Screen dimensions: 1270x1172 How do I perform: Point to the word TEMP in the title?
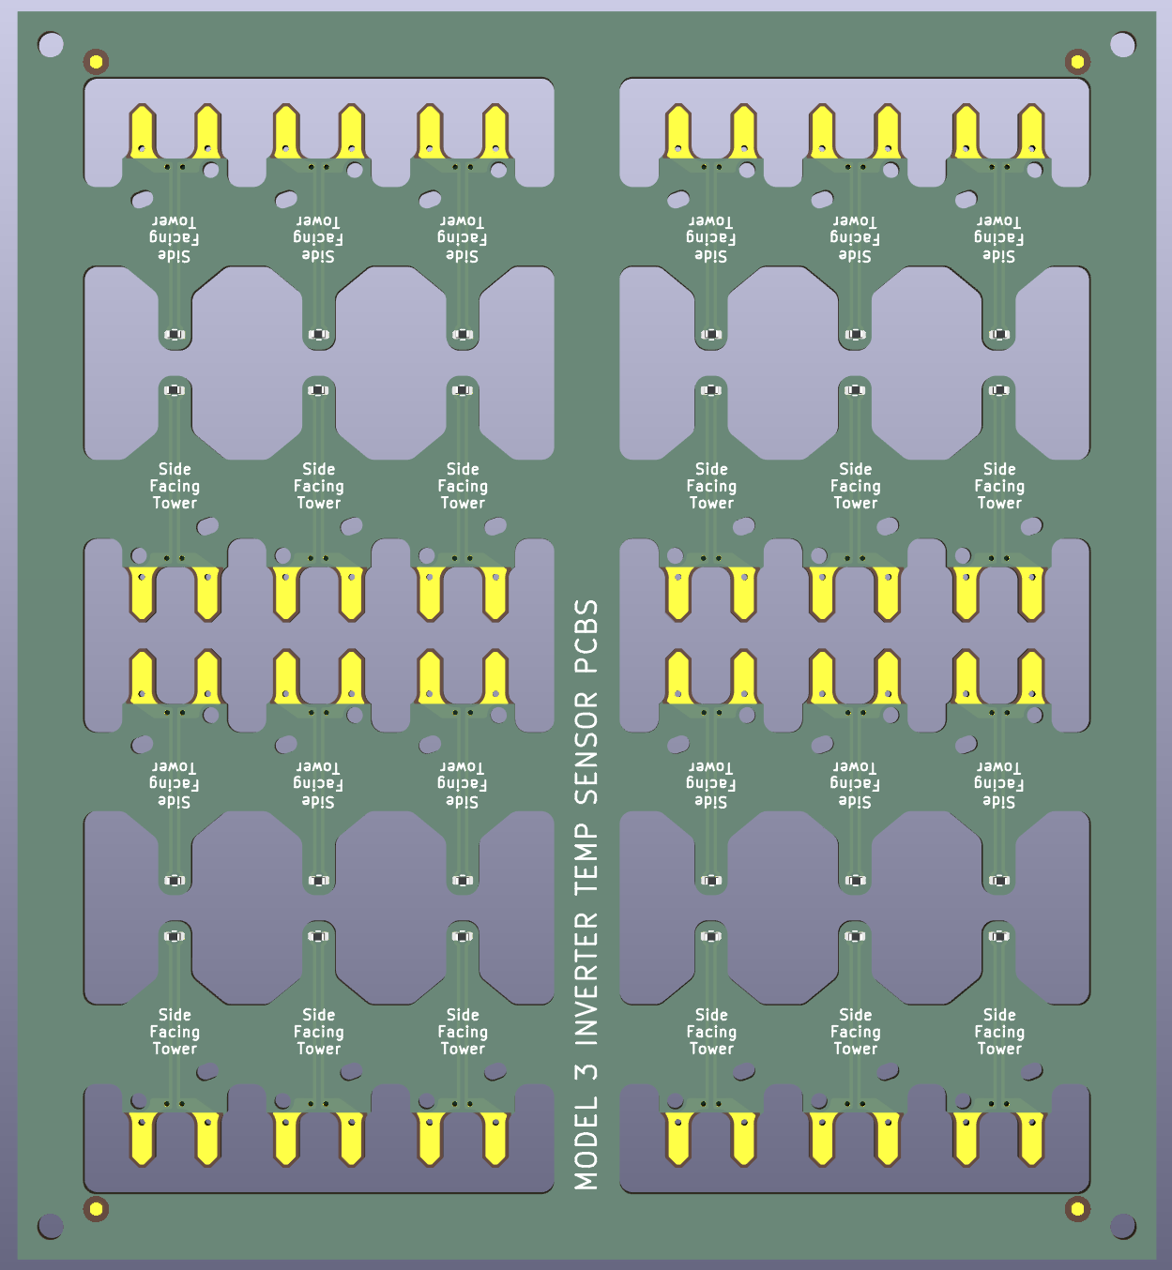tap(586, 858)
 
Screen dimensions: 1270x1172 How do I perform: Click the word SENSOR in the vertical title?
tap(586, 748)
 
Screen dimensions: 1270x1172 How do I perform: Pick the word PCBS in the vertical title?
tap(586, 637)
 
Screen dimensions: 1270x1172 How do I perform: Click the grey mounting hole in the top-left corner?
tap(51, 44)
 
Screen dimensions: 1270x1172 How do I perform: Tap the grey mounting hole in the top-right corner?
tap(1122, 44)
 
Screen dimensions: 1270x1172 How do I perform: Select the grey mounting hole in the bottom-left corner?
tap(51, 1226)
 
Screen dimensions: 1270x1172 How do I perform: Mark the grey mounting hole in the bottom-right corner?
tap(1122, 1226)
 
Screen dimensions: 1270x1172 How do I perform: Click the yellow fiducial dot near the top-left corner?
tap(96, 62)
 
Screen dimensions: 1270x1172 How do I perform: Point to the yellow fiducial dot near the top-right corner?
tap(1077, 62)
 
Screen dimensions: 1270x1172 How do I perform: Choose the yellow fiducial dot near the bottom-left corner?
tap(96, 1208)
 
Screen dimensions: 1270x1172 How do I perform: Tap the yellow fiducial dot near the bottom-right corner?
tap(1077, 1208)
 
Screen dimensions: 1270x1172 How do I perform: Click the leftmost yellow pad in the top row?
tap(142, 131)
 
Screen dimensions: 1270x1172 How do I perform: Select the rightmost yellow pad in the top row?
tap(1031, 131)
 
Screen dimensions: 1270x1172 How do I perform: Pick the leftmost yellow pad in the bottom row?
tap(142, 1138)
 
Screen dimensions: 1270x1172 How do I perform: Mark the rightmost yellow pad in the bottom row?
tap(1031, 1138)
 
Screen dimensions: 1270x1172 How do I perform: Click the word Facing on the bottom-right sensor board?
tap(999, 1032)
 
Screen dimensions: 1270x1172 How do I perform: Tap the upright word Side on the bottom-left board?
tap(175, 1015)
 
